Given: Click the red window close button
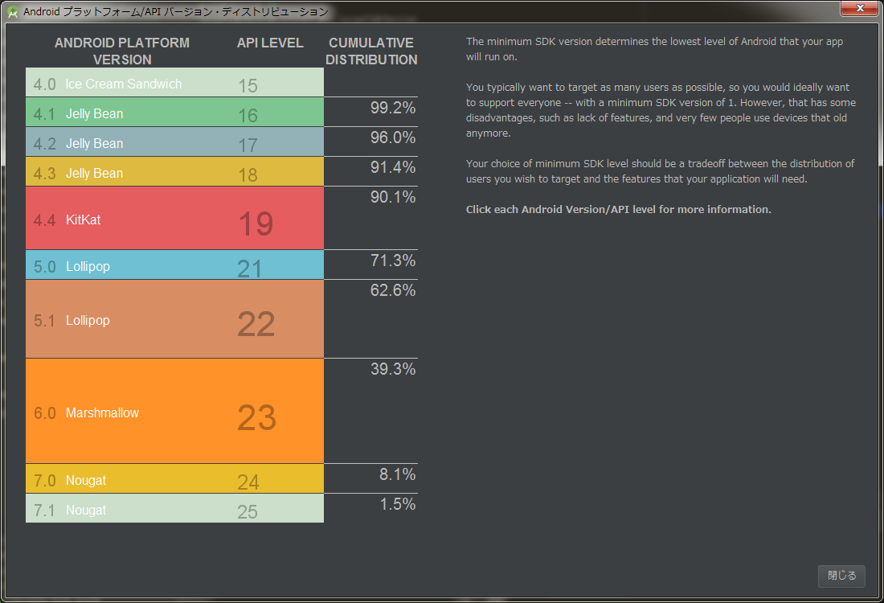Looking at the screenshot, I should (859, 9).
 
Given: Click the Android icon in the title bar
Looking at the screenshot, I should (13, 12).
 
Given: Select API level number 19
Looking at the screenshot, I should (256, 224).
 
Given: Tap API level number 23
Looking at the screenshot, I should (256, 418).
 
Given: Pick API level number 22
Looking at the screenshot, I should (256, 324).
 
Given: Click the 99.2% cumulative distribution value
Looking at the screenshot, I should (393, 109).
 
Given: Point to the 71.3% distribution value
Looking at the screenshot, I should (393, 260).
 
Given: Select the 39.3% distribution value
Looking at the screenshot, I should (393, 369).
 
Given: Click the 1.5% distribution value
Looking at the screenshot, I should (398, 504).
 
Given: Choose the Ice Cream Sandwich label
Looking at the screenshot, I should (124, 84).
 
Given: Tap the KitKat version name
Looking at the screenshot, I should (83, 219).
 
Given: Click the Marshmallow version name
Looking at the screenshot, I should (102, 412).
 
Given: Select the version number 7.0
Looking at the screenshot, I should (45, 481).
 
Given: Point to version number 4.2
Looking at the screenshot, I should (45, 144).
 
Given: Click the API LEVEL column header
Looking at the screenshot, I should (270, 43).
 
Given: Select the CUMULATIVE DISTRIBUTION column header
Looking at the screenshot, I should (371, 51).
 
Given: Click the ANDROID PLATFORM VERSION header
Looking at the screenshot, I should (122, 51).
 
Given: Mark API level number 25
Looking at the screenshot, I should (248, 511).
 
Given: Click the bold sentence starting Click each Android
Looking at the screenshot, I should (618, 210).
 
